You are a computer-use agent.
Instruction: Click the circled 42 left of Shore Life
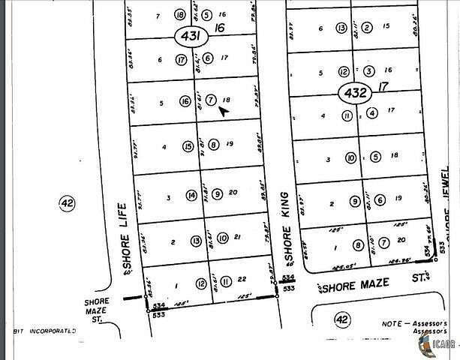[67, 202]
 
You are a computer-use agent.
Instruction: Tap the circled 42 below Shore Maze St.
[342, 320]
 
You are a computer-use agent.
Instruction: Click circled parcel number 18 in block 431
[179, 14]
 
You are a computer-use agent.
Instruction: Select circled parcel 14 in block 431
[192, 196]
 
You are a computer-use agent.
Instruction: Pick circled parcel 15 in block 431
[188, 146]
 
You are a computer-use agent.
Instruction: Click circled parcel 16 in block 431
[185, 101]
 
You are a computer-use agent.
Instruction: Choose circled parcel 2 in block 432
[367, 28]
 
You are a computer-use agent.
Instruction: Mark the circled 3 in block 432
[368, 70]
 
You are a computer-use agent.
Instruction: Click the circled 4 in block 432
[372, 114]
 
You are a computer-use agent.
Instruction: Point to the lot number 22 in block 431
[242, 280]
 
